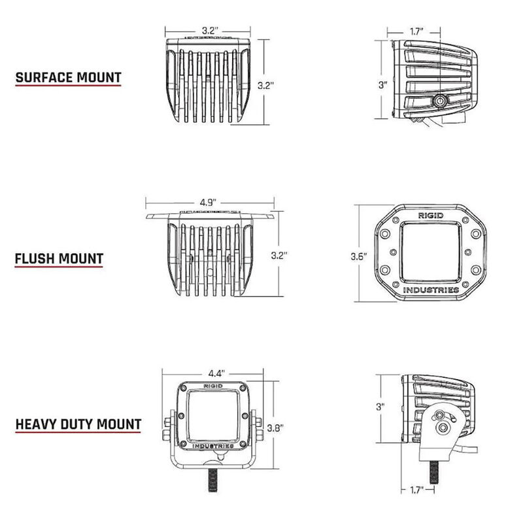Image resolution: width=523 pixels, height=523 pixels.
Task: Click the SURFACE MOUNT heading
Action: tap(68, 77)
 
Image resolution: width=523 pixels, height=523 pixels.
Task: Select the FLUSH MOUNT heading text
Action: tap(59, 258)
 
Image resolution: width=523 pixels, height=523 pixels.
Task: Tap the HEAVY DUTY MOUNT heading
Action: tap(78, 424)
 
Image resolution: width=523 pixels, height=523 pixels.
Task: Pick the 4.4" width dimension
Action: tap(216, 372)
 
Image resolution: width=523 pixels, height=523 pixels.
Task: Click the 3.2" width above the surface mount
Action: tap(209, 31)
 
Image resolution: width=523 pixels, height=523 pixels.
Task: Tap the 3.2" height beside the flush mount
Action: tap(280, 253)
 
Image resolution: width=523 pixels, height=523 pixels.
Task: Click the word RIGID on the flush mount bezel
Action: tap(430, 214)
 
